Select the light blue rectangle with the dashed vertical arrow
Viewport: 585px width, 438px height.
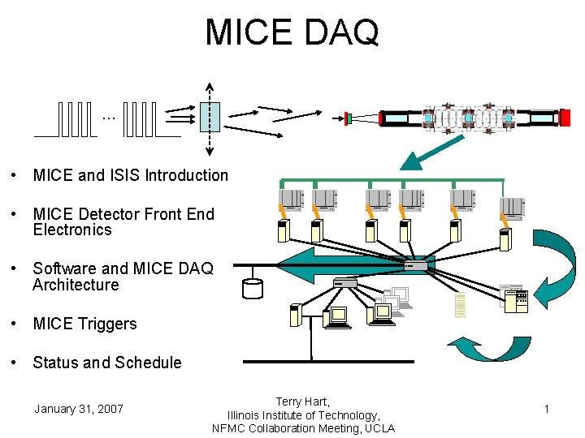210,117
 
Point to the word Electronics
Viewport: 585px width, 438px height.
72,230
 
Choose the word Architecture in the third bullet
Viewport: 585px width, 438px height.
76,286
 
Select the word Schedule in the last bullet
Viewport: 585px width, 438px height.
143,363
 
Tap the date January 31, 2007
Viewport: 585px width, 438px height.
79,409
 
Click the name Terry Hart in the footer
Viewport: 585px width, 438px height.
302,401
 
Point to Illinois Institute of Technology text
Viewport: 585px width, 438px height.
302,415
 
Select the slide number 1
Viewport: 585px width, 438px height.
547,409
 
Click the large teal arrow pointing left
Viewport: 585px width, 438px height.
325,264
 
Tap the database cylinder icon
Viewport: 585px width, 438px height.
253,288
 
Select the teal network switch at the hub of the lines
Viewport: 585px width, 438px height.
419,264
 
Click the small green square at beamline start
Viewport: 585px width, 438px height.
348,118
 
